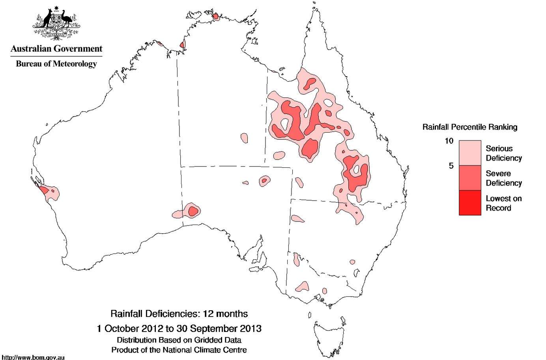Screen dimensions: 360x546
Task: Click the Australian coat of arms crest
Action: [56, 23]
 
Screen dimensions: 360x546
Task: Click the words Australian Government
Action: [56, 49]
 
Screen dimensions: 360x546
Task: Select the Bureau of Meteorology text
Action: [56, 64]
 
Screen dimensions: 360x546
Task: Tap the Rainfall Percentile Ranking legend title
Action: [469, 127]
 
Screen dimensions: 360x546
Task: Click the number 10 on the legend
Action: [449, 141]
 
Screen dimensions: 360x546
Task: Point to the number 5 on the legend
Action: [451, 166]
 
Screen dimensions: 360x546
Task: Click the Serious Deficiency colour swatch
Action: [470, 153]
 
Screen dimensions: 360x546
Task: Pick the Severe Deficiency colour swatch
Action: [470, 178]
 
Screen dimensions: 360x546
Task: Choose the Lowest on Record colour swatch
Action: [470, 202]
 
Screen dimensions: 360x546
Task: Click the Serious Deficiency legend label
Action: [503, 153]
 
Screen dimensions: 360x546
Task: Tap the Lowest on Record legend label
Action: [503, 203]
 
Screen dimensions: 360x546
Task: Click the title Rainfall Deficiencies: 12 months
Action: [179, 314]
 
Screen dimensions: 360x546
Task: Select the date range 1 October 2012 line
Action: [179, 328]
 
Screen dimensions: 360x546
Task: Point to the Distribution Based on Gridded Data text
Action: [179, 340]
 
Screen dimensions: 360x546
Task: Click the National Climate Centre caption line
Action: [179, 350]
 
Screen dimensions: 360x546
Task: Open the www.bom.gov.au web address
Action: [33, 357]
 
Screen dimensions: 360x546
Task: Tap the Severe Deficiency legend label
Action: [503, 178]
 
